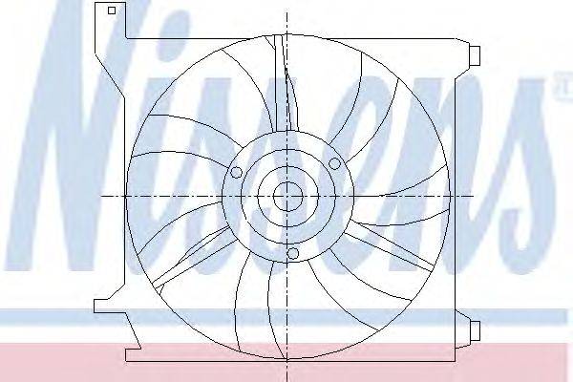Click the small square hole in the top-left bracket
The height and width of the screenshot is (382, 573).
(x=112, y=11)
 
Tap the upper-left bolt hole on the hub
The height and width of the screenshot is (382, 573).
(x=236, y=172)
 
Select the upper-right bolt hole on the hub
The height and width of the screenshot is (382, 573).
(x=334, y=163)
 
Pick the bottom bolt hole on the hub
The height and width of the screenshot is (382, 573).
(x=293, y=253)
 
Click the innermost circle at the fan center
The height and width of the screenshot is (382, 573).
(x=288, y=197)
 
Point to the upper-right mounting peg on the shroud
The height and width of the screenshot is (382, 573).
(x=475, y=56)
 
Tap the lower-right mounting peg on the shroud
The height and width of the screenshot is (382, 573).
(x=475, y=330)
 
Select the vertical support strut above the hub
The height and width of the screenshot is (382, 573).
(x=286, y=83)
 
